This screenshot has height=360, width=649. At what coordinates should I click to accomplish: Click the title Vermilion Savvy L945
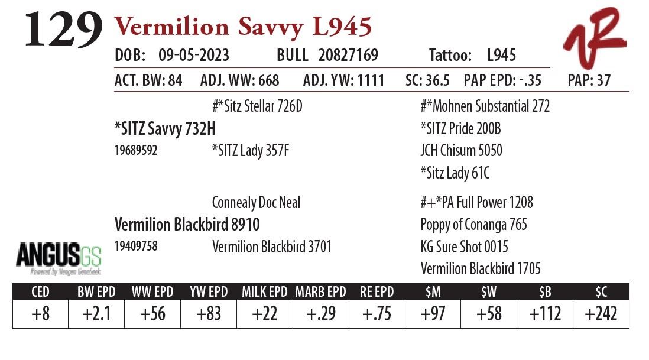[242, 27]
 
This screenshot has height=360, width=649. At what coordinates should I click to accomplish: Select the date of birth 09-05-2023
[194, 56]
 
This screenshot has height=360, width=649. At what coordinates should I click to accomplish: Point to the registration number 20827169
[348, 56]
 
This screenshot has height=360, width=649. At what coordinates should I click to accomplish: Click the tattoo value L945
[501, 56]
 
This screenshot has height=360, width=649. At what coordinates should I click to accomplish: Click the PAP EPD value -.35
[528, 80]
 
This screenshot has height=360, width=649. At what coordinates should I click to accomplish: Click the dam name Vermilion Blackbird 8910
[187, 225]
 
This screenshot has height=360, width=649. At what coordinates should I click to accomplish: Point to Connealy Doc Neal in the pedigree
[256, 203]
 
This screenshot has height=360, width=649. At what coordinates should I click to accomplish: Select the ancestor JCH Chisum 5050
[461, 150]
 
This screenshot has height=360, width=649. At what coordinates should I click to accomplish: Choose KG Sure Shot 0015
[464, 247]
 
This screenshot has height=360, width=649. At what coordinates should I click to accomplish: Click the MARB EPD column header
[320, 291]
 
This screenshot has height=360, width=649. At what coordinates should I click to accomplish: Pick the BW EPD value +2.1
[96, 313]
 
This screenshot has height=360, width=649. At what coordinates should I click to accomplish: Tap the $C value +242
[601, 313]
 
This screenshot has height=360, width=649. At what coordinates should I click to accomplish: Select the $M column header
[433, 291]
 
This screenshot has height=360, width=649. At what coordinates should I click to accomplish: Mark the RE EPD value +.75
[377, 313]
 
